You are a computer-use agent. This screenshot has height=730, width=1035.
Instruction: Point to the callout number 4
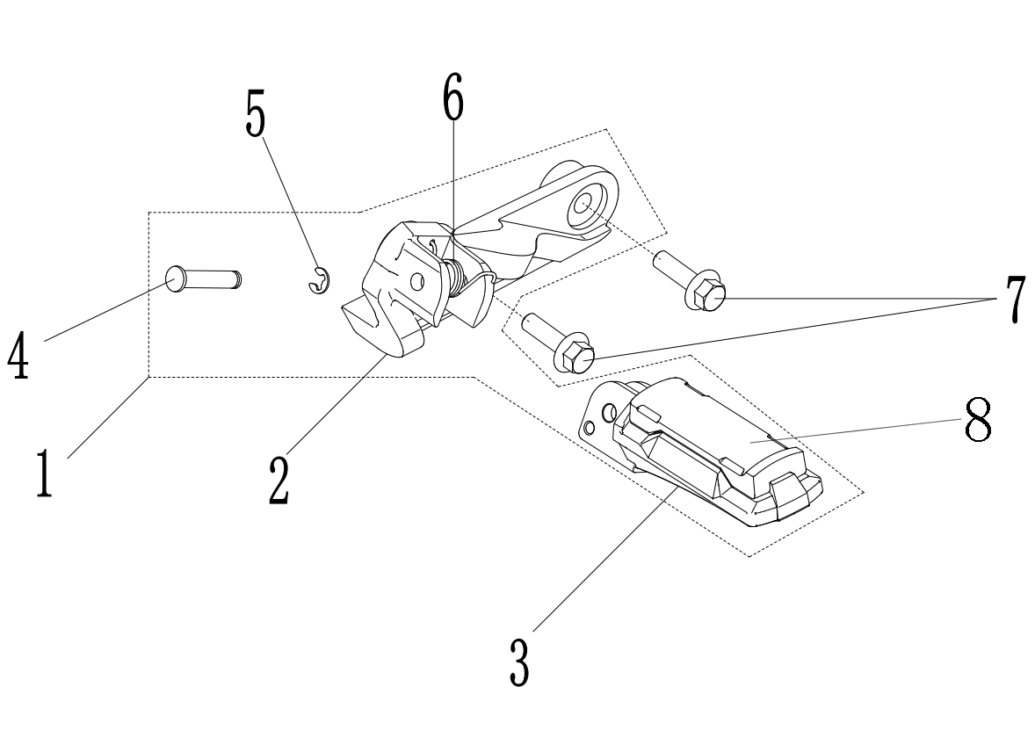tap(17, 355)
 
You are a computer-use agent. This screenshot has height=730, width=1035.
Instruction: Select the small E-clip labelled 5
tap(319, 281)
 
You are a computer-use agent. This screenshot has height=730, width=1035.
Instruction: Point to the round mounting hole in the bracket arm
tap(583, 206)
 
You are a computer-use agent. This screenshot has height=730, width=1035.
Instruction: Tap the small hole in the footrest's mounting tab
tap(590, 429)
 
